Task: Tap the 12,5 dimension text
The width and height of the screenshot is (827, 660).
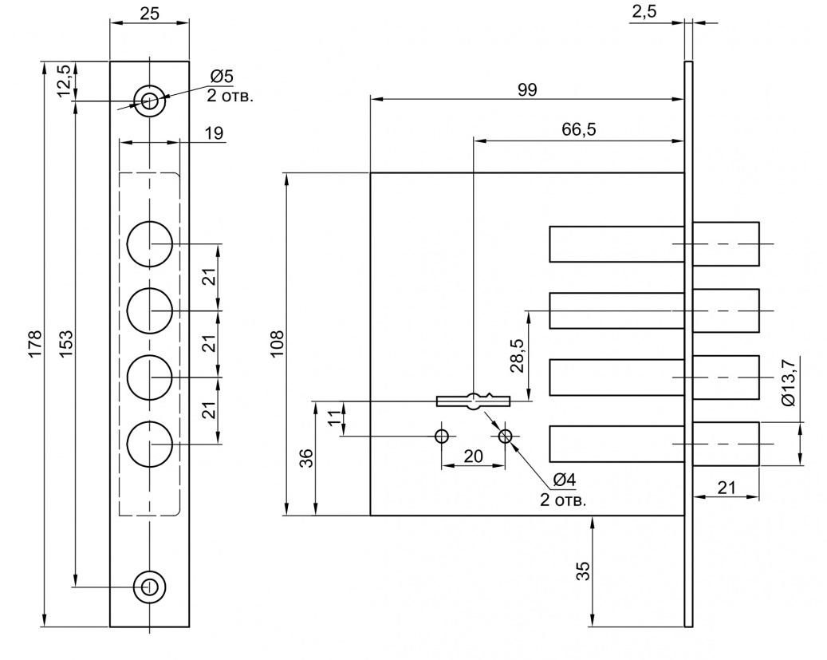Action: [65, 81]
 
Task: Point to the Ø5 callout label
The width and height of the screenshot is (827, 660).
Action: [221, 77]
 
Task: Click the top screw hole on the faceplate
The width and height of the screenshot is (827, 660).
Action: [149, 101]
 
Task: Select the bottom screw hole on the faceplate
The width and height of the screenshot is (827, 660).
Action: [149, 587]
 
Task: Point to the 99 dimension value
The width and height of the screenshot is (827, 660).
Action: [526, 89]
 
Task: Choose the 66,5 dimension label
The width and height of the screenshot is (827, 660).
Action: [579, 129]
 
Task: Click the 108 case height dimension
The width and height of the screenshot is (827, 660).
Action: [278, 344]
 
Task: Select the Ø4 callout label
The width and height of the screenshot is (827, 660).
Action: [563, 480]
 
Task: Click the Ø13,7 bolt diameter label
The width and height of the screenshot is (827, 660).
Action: [789, 382]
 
